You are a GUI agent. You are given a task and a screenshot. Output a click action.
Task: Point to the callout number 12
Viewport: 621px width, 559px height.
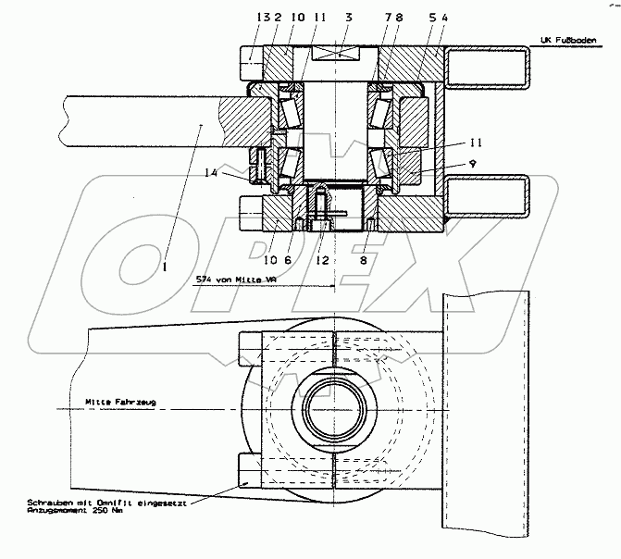321,261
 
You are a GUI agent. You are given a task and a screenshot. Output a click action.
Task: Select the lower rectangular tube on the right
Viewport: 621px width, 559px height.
488,196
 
